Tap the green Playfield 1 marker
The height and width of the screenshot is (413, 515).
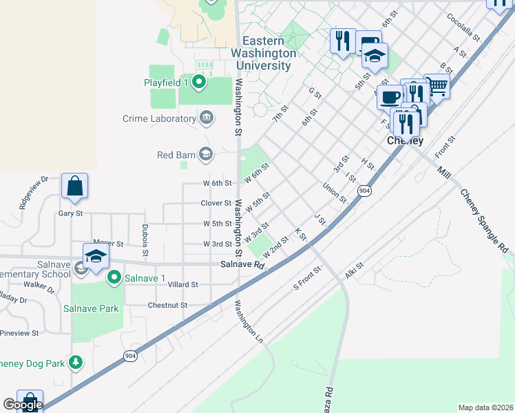200,83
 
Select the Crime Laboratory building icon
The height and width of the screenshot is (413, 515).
207,118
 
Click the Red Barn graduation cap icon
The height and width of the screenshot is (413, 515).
205,154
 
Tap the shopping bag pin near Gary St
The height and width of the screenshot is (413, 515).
74,187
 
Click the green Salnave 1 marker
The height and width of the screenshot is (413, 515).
114,278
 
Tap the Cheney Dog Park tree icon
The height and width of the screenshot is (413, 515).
76,362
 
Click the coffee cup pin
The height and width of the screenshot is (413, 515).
390,97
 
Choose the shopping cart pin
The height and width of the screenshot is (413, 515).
437,86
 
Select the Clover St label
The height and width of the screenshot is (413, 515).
216,203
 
